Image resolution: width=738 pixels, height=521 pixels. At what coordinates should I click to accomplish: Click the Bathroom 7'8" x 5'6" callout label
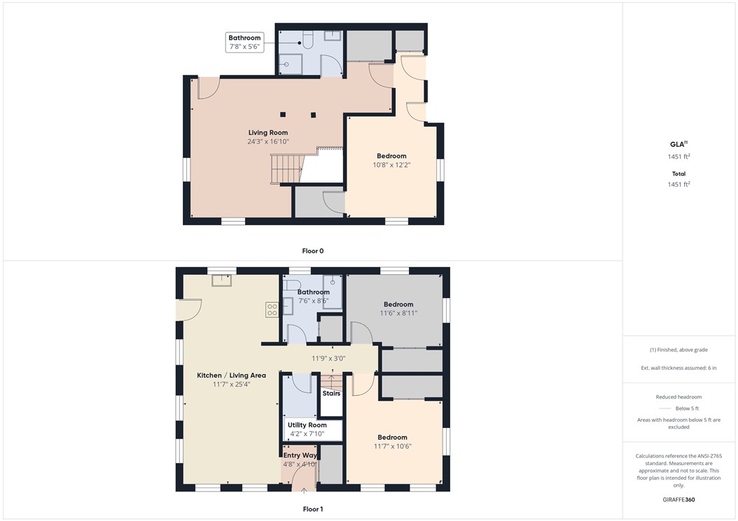[244, 42]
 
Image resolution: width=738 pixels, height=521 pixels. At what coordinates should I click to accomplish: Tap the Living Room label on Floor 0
[268, 132]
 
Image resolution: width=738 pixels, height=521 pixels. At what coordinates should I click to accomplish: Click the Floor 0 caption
[312, 250]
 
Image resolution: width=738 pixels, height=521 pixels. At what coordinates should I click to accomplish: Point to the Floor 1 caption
[312, 509]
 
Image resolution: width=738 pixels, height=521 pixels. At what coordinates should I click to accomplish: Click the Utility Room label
[307, 425]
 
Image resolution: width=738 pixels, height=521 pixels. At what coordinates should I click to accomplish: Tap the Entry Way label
[300, 455]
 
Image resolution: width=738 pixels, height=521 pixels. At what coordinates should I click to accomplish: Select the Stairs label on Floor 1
[331, 393]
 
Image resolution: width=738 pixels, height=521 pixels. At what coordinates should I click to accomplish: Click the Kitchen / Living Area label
[231, 376]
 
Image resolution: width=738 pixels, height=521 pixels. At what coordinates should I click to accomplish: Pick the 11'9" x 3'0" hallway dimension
[338, 358]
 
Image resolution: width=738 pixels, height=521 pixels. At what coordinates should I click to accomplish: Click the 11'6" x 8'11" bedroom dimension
[399, 313]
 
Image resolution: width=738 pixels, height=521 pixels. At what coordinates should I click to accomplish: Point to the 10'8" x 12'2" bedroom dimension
[391, 165]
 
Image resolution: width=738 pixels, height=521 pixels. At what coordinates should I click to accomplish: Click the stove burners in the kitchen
[272, 310]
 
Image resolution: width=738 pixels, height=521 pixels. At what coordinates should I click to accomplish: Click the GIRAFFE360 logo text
[678, 500]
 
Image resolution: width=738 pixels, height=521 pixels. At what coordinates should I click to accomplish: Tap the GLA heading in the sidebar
[678, 145]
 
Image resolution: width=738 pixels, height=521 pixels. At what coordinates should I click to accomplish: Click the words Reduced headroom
[678, 397]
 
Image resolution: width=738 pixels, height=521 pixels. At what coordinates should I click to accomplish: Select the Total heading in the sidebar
[678, 173]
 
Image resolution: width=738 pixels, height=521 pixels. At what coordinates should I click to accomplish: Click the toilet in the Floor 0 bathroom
[306, 41]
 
